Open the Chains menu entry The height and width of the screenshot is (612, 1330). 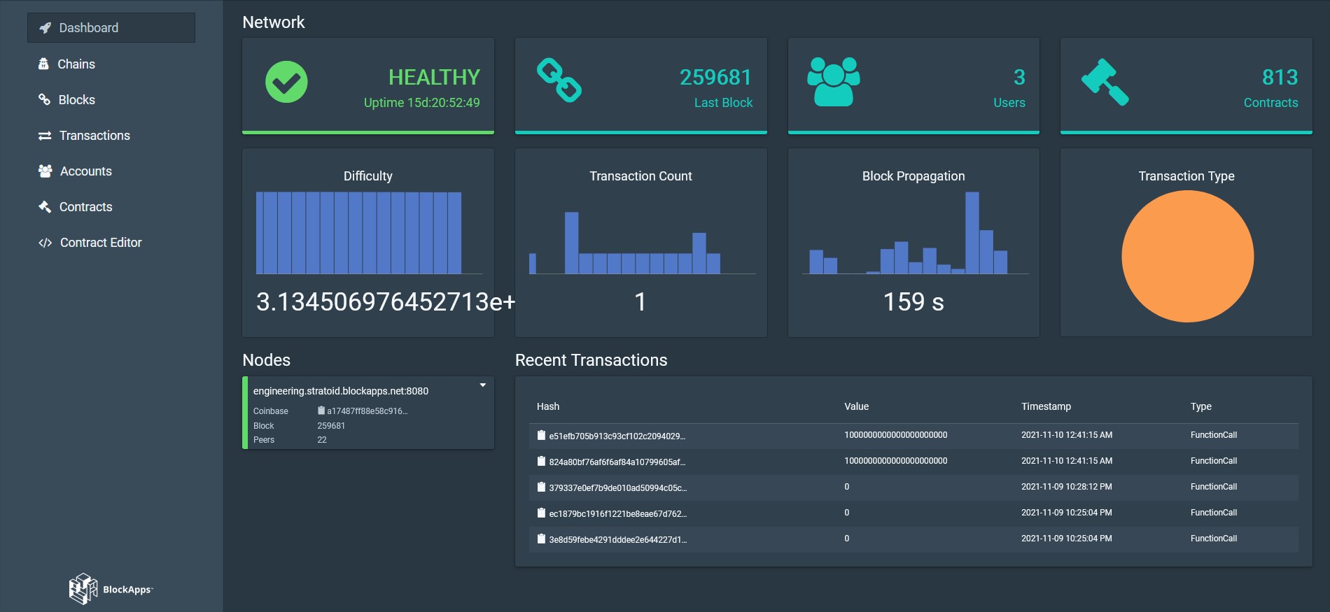[76, 64]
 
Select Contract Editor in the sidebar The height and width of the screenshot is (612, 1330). [100, 243]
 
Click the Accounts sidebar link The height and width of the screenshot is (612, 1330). [85, 171]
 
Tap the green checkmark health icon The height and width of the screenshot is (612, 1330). [286, 82]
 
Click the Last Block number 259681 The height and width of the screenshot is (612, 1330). [715, 77]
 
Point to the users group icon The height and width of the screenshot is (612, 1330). [833, 82]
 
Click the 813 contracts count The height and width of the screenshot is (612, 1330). [1280, 77]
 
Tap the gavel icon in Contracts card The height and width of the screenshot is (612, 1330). [1105, 82]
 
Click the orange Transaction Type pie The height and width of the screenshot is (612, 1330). [1187, 257]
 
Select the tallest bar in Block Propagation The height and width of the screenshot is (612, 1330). [972, 232]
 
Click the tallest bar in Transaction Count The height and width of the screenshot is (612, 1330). [571, 243]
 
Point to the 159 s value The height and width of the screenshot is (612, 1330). [913, 302]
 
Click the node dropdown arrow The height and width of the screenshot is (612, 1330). [482, 385]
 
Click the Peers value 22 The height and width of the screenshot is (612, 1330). [322, 440]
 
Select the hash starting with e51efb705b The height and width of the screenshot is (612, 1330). [616, 436]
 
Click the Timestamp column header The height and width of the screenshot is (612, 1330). [1046, 406]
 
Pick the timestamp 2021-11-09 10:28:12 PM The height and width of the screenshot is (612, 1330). [1066, 487]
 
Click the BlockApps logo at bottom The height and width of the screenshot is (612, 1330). [111, 589]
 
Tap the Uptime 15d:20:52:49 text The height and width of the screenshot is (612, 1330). [421, 103]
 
